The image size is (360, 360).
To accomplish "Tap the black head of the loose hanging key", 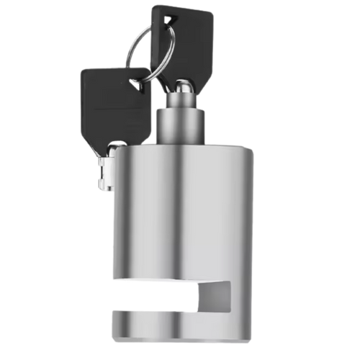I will [x=108, y=104].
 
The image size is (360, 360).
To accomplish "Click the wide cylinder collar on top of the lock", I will [x=182, y=123].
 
